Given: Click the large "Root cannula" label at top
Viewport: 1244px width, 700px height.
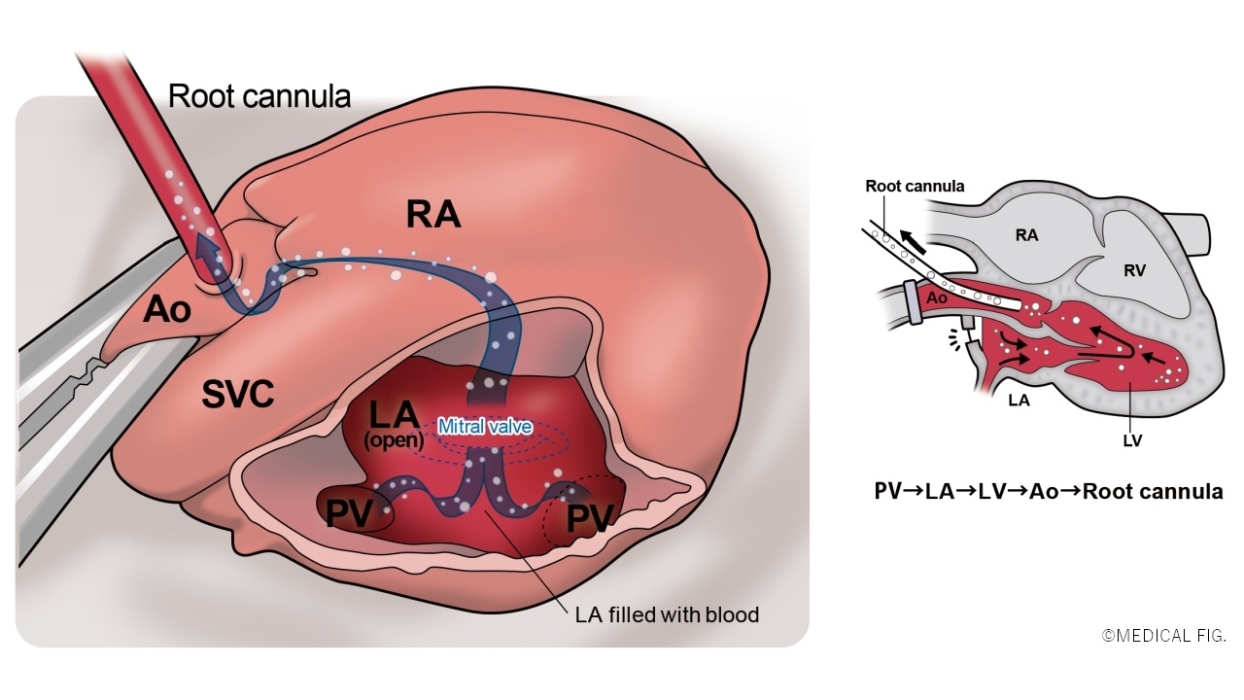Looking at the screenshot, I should click(259, 95).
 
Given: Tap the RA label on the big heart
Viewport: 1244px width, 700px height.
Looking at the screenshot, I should click(433, 215).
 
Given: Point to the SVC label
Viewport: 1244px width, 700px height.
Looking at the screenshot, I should click(238, 394).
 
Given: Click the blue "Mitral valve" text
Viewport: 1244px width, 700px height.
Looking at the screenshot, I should click(485, 426).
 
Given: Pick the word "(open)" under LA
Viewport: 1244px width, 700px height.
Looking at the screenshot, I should click(394, 439).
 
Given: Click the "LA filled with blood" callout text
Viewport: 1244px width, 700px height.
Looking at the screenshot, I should click(667, 614).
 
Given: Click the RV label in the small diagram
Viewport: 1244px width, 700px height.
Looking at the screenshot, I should click(1134, 270).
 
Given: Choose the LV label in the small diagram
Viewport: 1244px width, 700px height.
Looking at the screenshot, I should click(1130, 440).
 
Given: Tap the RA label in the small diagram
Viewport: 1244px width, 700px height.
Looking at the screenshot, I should click(1027, 234).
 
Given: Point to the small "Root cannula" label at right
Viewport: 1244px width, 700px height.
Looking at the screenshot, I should click(915, 186).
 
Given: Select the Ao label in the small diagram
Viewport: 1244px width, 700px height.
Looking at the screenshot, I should click(937, 298).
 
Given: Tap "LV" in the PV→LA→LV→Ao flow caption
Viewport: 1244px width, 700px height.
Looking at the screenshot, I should click(1011, 491).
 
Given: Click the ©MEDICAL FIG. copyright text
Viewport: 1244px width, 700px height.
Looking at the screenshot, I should click(1163, 636).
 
